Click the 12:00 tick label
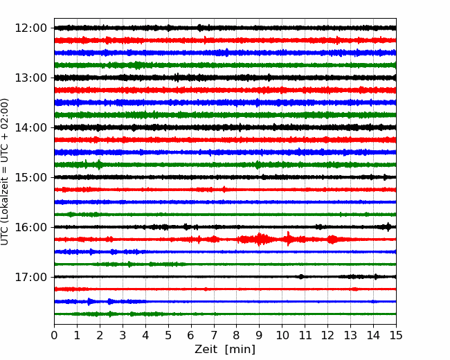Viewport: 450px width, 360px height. click(x=30, y=28)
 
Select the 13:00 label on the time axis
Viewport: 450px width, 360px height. click(x=30, y=78)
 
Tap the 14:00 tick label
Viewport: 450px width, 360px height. click(x=30, y=127)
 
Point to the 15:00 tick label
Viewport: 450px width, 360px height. click(x=30, y=177)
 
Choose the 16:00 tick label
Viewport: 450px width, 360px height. click(x=30, y=227)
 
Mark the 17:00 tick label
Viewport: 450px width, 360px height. click(x=30, y=277)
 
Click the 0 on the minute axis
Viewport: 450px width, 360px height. click(x=54, y=335)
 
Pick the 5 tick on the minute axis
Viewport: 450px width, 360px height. click(x=168, y=335)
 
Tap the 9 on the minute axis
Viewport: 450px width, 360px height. click(x=259, y=335)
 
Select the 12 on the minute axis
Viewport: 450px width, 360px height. click(x=327, y=335)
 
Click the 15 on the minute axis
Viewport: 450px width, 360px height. click(x=396, y=335)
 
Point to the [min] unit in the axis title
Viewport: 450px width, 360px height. click(x=240, y=350)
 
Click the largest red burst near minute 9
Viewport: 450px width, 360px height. click(x=259, y=239)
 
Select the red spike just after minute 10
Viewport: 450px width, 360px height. click(x=288, y=239)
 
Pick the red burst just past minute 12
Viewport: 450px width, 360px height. click(x=332, y=239)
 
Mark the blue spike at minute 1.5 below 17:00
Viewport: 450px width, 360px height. click(x=89, y=301)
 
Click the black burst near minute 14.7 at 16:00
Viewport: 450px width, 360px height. click(x=388, y=227)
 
